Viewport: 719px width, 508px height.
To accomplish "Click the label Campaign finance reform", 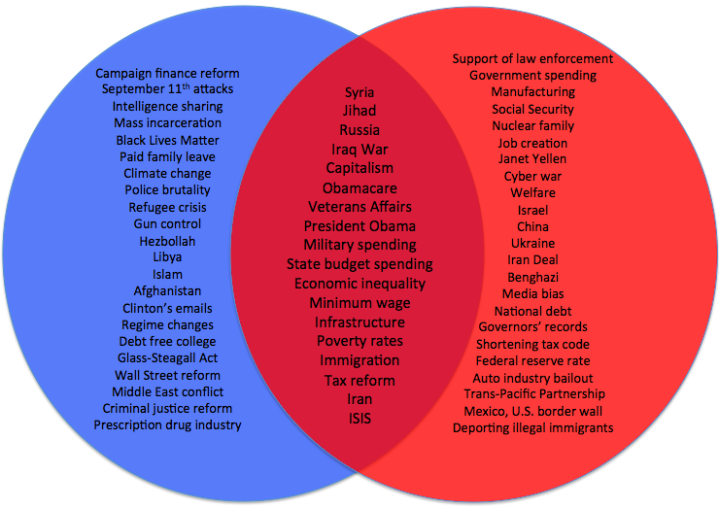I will tap(167, 73).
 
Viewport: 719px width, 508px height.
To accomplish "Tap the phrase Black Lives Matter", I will tap(167, 140).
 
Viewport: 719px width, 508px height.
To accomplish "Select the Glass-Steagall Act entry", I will tap(167, 358).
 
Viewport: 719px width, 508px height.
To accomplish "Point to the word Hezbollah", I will tap(167, 241).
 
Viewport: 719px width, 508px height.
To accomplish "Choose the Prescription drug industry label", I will tap(167, 424).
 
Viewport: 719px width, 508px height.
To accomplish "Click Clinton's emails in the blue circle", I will tap(167, 308).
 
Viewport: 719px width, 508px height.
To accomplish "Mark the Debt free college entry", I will tap(167, 341).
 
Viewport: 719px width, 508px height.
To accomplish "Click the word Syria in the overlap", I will tap(359, 92).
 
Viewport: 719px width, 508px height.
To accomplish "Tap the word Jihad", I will tap(359, 111).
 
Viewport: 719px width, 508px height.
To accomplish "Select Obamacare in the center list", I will tap(359, 187).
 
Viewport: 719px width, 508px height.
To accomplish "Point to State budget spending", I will tap(359, 264).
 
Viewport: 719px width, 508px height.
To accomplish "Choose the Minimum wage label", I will tap(359, 303).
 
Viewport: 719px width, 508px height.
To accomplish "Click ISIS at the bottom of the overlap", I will tap(359, 419).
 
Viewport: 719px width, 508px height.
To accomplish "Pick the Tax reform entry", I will tap(359, 380).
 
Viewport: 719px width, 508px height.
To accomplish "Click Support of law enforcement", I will tap(532, 59).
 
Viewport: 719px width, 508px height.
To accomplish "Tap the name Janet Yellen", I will tap(532, 158).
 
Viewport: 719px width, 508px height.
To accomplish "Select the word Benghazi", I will tap(532, 277).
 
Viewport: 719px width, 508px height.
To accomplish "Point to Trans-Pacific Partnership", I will tap(533, 393).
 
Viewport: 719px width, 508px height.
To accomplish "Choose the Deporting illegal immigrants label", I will tap(532, 427).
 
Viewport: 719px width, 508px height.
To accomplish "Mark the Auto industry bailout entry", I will tap(532, 377).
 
